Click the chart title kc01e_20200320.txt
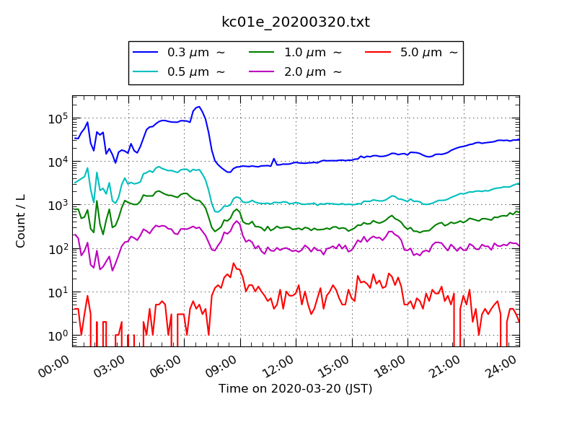296,22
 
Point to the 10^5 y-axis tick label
58,118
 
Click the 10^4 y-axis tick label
58,161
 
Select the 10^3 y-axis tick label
58,205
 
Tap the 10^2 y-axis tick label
58,248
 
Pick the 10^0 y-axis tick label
58,336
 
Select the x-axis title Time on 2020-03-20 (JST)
296,389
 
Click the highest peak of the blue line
198,107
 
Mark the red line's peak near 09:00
234,263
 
